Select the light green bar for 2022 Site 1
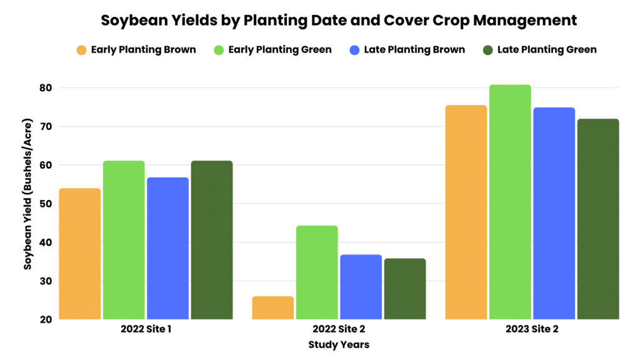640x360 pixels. [124, 240]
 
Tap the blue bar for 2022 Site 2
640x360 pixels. [361, 287]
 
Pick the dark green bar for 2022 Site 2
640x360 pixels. [405, 289]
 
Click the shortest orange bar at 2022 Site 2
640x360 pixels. [272, 307]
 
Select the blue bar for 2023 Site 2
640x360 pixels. [554, 213]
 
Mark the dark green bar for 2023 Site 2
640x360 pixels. [598, 219]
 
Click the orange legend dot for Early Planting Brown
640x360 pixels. [81, 49]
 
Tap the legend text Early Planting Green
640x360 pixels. [280, 49]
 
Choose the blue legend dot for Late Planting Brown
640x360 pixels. [354, 49]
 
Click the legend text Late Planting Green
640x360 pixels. [547, 49]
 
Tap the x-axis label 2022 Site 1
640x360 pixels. [146, 329]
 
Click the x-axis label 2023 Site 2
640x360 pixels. [532, 329]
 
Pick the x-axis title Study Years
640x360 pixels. [339, 344]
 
